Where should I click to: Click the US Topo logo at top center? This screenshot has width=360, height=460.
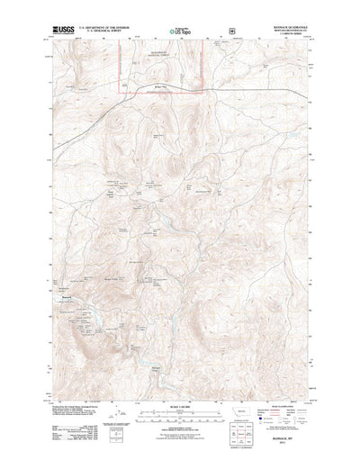tap(180, 33)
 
